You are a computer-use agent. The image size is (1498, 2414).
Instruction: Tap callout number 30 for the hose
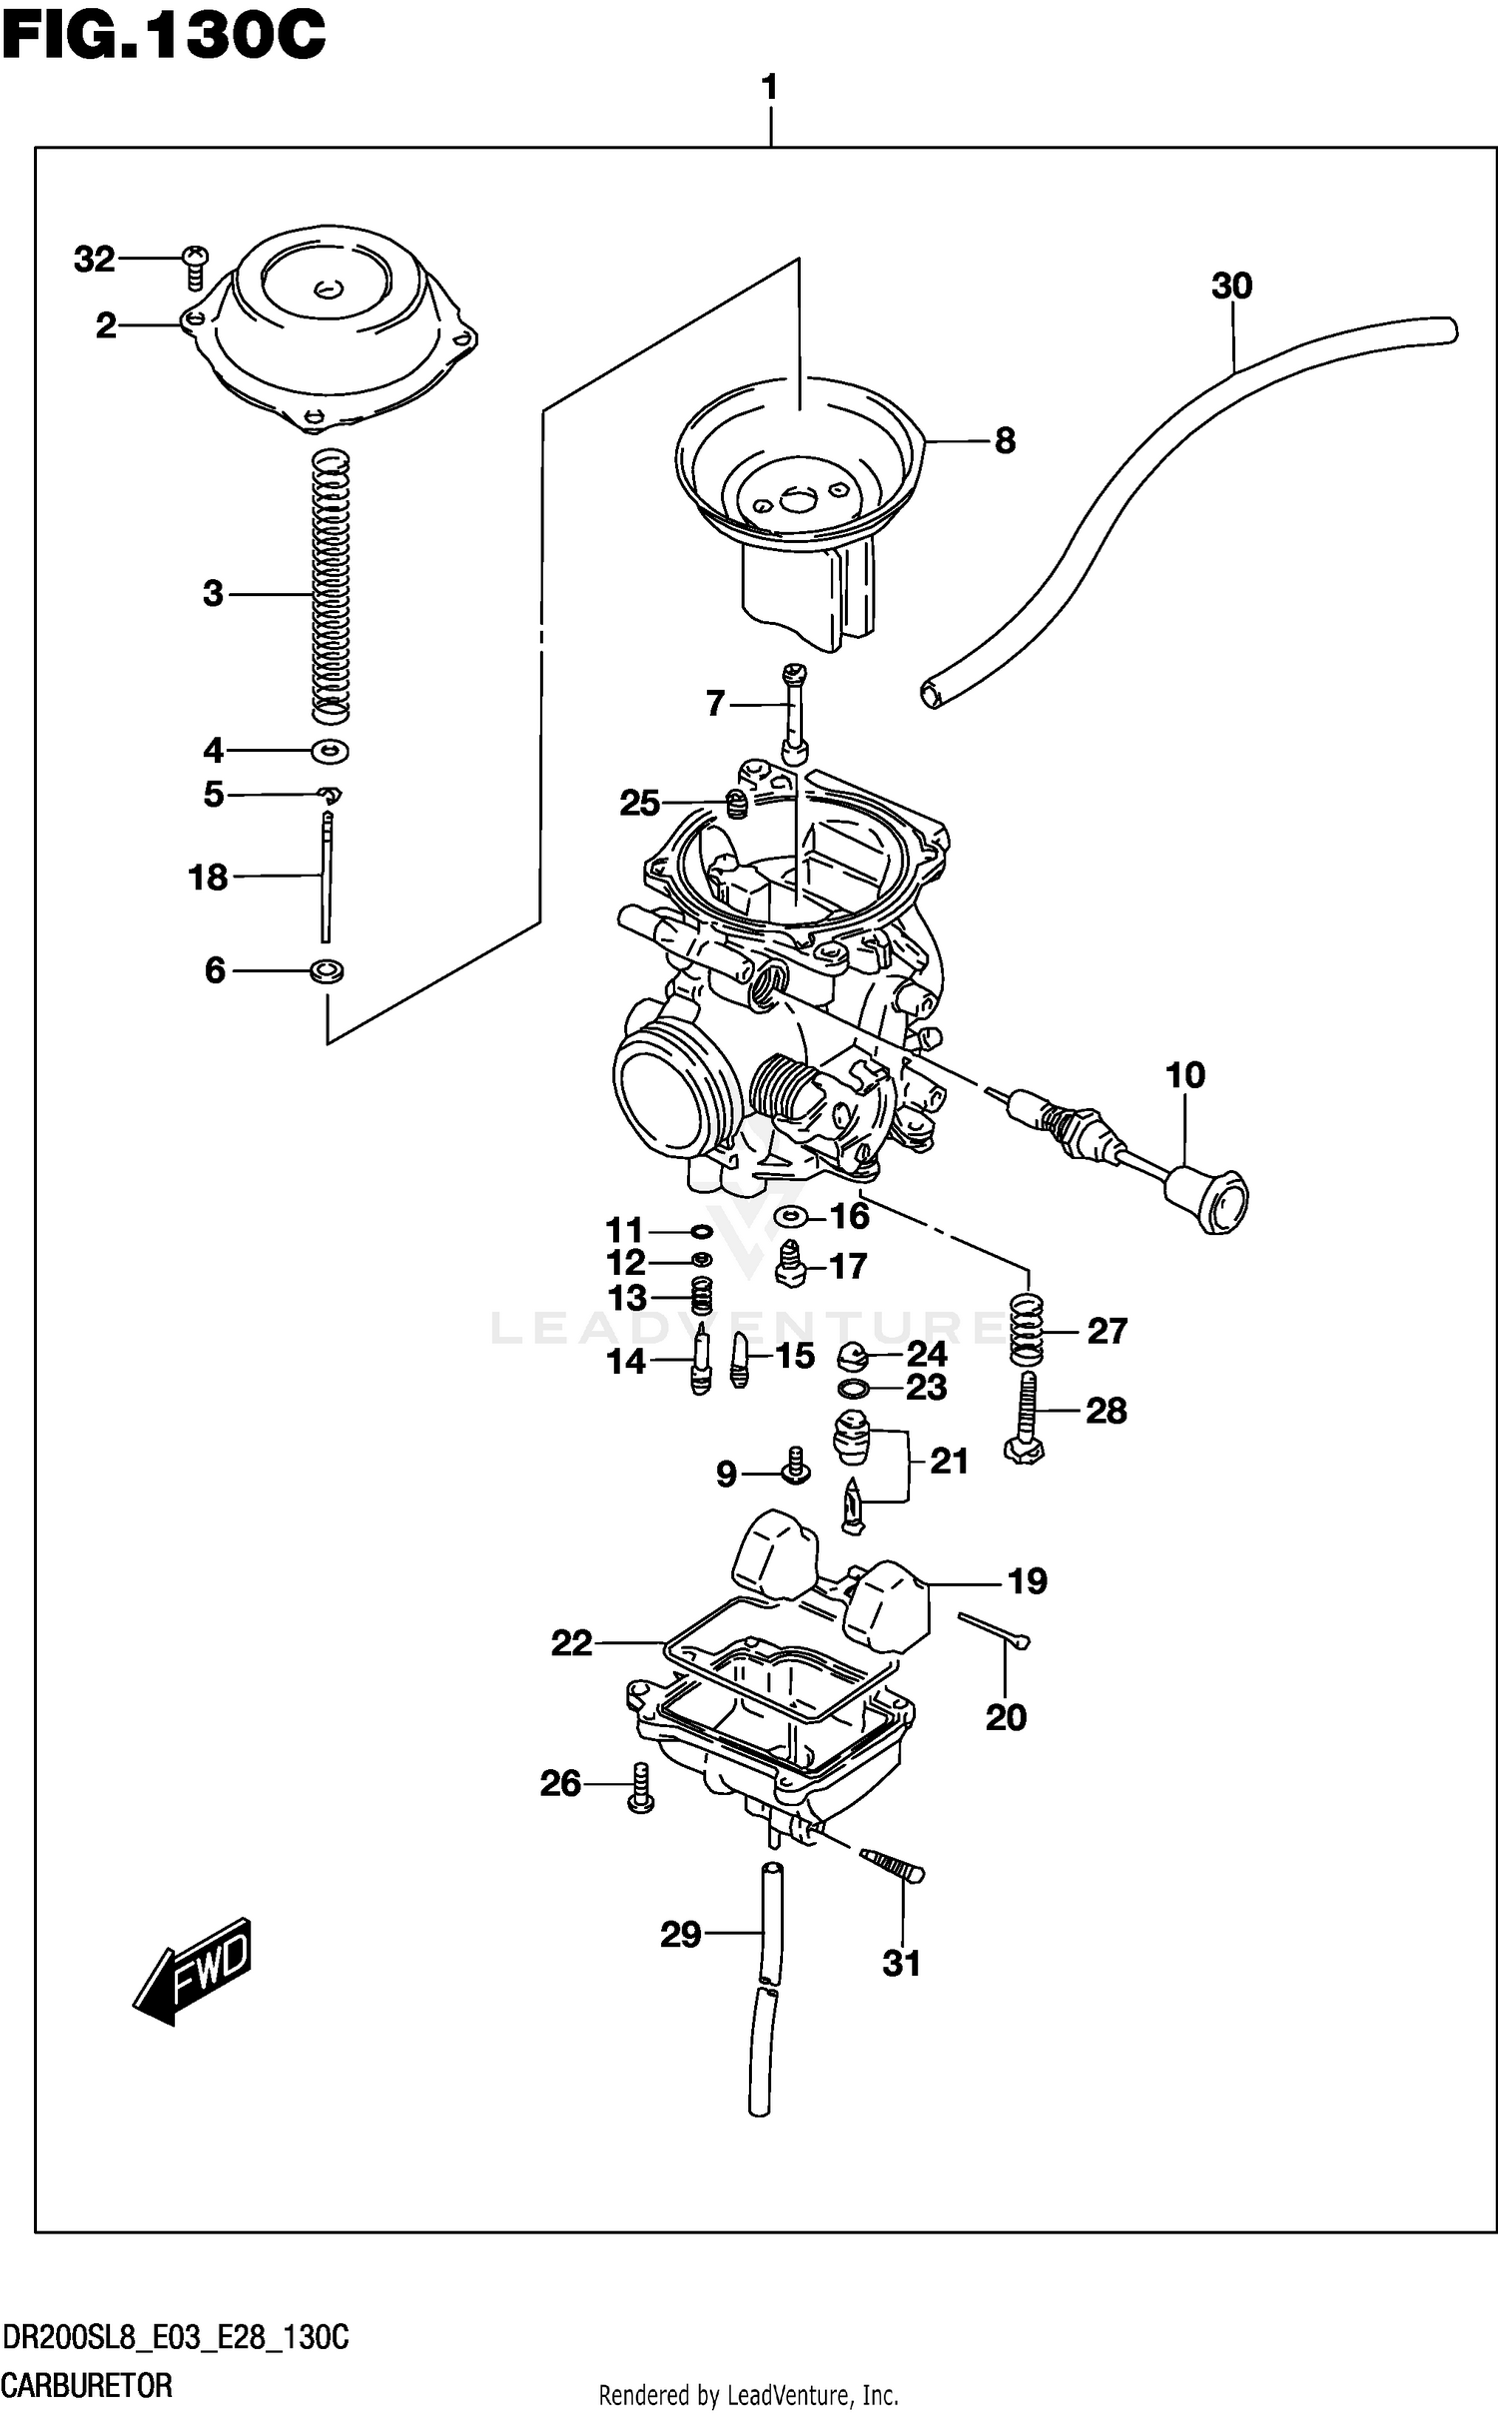tap(1230, 287)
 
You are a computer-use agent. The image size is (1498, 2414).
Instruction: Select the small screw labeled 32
tap(195, 259)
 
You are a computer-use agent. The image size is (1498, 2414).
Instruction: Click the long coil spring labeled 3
tap(331, 589)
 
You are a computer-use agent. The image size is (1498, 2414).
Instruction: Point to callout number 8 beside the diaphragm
tap(1005, 440)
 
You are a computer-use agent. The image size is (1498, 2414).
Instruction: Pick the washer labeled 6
tap(328, 969)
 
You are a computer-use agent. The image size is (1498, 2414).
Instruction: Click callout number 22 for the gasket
tap(571, 1642)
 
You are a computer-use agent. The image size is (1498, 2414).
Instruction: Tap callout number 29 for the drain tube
tap(680, 1935)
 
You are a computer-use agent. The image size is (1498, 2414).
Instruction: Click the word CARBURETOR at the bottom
tap(87, 2386)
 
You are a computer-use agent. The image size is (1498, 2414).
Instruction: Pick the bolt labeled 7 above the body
tap(794, 714)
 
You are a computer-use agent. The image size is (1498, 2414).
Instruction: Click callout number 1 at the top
tap(769, 88)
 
